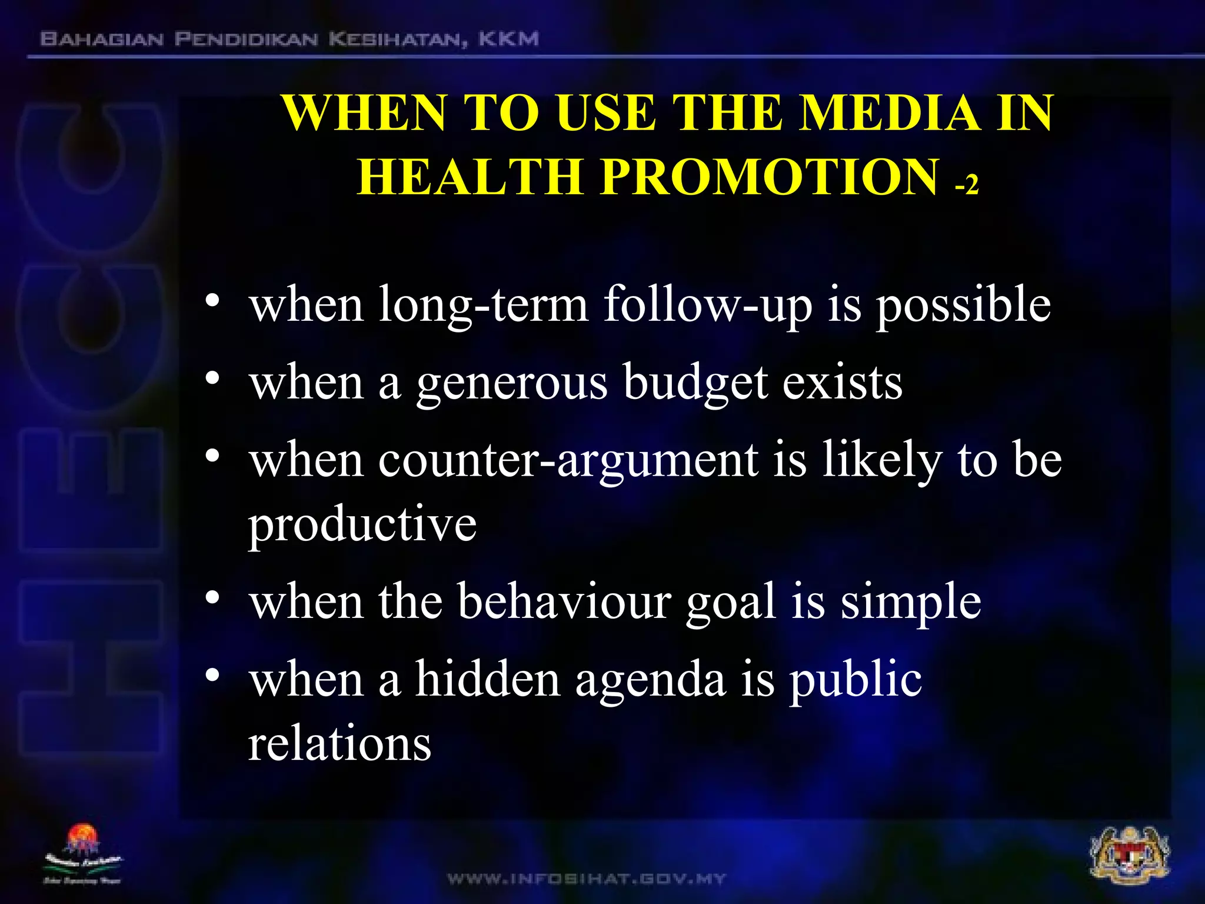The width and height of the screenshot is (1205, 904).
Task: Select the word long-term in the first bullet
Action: click(x=483, y=305)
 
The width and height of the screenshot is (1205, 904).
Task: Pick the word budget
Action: click(x=695, y=383)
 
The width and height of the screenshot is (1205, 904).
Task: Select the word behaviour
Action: click(x=564, y=601)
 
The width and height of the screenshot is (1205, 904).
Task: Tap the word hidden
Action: click(x=488, y=679)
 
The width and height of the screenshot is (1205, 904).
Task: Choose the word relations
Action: click(x=340, y=743)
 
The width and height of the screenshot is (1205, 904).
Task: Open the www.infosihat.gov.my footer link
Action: click(x=587, y=879)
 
